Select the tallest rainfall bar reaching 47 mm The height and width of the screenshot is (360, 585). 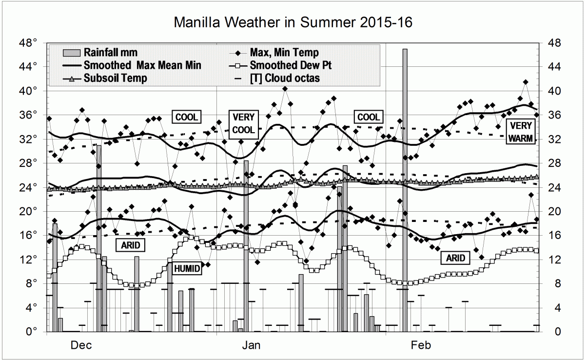[405, 190]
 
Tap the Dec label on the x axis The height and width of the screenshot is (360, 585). [81, 345]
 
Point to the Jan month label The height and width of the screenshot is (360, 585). [252, 345]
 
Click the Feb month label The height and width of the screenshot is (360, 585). [421, 345]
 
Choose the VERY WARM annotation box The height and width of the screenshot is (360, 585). [521, 132]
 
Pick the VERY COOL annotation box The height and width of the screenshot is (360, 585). [243, 123]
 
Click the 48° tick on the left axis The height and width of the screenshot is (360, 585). [29, 43]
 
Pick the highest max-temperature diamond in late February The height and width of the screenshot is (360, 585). [526, 82]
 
